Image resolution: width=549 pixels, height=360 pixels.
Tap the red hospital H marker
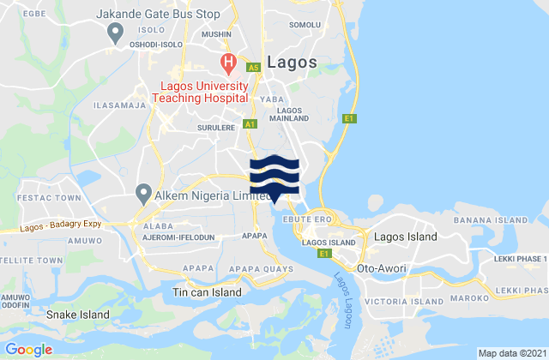click(228, 61)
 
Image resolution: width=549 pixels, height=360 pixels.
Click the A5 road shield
click(253, 67)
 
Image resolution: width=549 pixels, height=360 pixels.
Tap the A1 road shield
click(250, 124)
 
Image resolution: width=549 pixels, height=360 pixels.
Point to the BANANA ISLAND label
click(512, 219)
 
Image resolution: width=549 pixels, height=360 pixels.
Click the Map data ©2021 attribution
click(510, 353)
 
